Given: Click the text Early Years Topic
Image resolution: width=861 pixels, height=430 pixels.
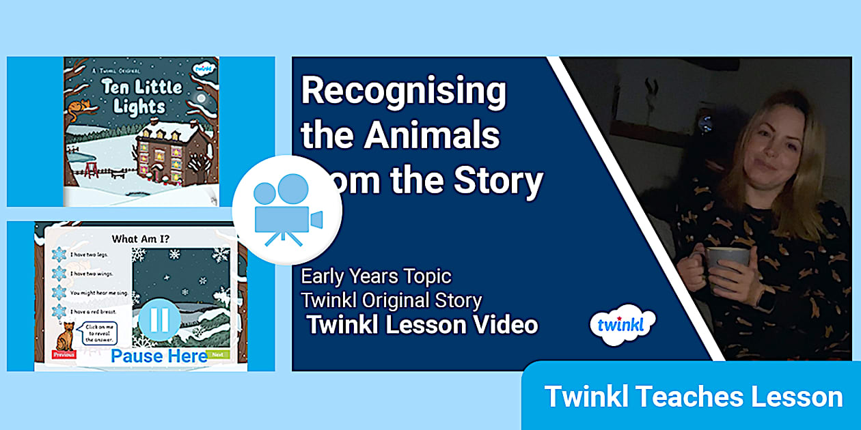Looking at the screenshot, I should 376,276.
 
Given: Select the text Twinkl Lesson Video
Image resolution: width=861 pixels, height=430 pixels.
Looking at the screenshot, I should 422,325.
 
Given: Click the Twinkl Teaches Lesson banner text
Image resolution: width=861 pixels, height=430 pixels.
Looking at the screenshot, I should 693,397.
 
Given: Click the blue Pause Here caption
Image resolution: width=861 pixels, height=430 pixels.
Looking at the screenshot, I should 159,356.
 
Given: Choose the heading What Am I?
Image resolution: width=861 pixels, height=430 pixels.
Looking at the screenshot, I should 140,238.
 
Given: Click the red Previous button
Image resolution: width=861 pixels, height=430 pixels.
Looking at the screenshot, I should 64,355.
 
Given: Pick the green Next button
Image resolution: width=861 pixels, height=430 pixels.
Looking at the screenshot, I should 218,355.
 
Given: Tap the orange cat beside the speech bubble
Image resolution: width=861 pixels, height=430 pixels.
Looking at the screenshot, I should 66,336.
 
